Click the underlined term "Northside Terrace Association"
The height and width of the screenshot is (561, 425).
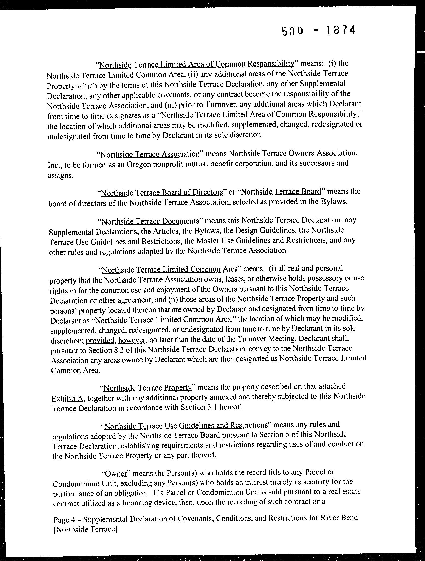tap(150, 154)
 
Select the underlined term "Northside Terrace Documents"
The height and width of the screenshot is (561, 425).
tap(150, 221)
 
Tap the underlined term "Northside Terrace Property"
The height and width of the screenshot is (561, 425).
tap(148, 388)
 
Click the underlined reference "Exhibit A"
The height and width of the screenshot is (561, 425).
tap(67, 399)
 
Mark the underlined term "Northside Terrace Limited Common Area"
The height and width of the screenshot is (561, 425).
tap(169, 269)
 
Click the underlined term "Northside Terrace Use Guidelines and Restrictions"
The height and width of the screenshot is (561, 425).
tap(186, 425)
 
